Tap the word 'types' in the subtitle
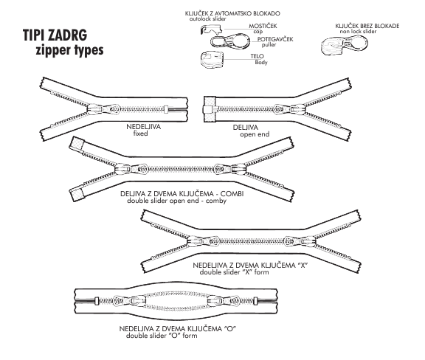pos(86,50)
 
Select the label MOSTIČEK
pos(263,26)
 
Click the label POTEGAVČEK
pos(275,39)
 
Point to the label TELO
pos(257,56)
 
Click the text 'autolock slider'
pos(207,19)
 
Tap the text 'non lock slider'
pos(358,32)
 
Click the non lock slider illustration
pos(345,46)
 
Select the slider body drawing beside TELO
pos(212,59)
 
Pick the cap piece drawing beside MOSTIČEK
pos(212,29)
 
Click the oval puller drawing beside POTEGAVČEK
pos(230,41)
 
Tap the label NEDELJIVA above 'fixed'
pos(143,127)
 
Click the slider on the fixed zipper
pos(104,109)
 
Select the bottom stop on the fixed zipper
pos(166,109)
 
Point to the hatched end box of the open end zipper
pos(210,109)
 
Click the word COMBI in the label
pos(232,194)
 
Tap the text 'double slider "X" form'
pos(234,272)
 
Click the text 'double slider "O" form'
pos(162,336)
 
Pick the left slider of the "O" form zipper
pos(129,301)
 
